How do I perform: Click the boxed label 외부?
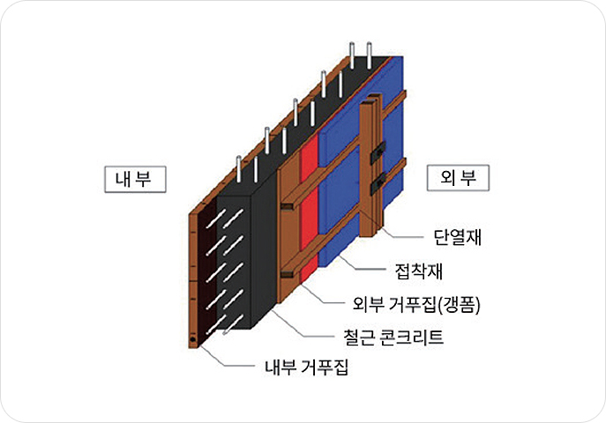coord(458,179)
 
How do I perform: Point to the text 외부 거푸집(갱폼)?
coord(415,304)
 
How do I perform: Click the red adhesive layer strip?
coord(308,211)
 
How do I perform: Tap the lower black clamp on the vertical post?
coord(378,184)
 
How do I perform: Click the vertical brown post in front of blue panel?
coord(368,176)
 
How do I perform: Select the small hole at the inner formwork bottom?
coord(193,339)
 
